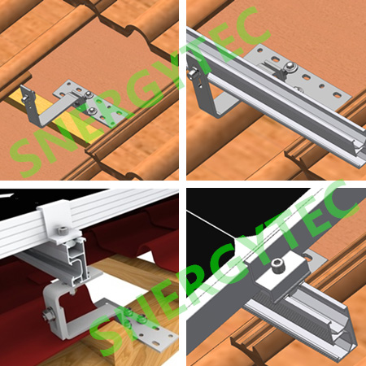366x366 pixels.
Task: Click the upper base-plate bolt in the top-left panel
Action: click(x=88, y=94)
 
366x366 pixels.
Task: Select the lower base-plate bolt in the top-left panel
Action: click(x=93, y=110)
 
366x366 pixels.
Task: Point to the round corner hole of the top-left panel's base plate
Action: click(x=70, y=83)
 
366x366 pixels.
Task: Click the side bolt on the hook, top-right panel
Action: click(x=192, y=73)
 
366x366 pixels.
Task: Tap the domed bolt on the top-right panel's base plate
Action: click(x=290, y=66)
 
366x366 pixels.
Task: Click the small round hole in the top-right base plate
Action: click(x=322, y=86)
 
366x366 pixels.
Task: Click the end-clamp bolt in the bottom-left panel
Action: click(x=63, y=231)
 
